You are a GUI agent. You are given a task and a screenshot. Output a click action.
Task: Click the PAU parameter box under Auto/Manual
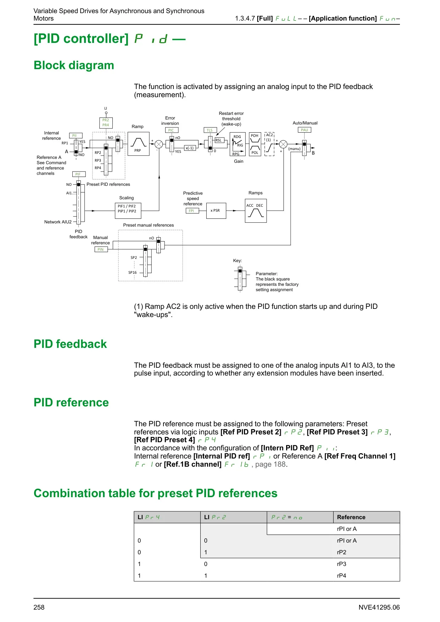(304, 130)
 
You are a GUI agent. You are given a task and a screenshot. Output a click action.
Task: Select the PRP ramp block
(138, 144)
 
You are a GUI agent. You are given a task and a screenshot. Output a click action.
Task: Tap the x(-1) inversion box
(190, 148)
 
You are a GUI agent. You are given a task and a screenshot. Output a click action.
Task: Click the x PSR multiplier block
(216, 211)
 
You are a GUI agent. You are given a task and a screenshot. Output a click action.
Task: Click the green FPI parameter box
(191, 211)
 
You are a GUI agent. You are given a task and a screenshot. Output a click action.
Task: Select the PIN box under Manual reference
(101, 249)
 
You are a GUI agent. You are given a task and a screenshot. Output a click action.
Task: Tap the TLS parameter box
(210, 130)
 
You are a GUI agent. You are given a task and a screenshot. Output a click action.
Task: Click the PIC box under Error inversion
(171, 130)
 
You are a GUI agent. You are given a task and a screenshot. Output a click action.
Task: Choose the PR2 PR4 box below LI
(106, 123)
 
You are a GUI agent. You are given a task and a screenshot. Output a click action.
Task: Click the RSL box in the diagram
(219, 140)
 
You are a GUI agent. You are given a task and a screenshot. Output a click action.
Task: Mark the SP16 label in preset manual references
(132, 273)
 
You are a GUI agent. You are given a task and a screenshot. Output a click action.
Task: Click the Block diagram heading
(74, 65)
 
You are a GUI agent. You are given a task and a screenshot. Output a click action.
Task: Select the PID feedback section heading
(70, 344)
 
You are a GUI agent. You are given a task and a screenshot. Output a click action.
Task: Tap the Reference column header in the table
(351, 517)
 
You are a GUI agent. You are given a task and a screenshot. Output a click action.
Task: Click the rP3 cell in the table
(341, 564)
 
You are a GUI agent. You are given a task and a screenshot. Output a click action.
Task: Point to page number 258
(39, 607)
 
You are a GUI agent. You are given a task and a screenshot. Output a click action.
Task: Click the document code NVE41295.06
(379, 607)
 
